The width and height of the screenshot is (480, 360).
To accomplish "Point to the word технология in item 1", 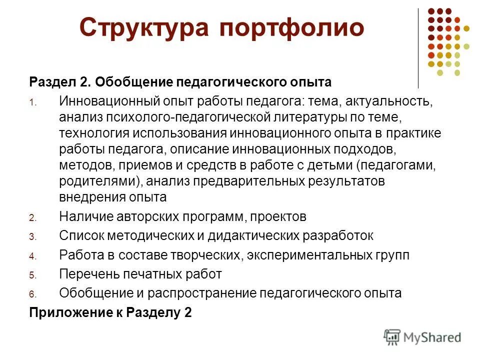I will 94,133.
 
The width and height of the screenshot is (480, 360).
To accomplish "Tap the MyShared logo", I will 422,336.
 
